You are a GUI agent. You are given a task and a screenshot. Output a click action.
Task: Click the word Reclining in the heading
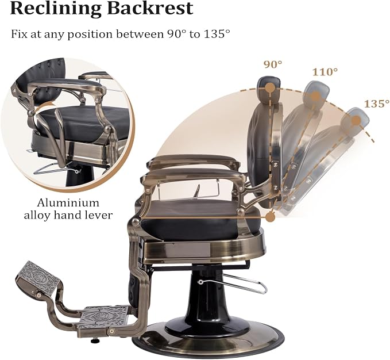point(56,9)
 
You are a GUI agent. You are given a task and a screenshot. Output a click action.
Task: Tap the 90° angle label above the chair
point(273,64)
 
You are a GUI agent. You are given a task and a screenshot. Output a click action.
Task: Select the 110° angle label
point(325,72)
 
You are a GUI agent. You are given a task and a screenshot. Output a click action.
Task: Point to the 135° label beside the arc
point(377,104)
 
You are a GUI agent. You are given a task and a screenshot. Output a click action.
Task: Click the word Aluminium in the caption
point(68,203)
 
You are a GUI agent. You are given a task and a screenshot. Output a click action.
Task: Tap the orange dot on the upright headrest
point(270,88)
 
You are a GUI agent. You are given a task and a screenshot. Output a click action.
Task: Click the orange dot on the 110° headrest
point(315,96)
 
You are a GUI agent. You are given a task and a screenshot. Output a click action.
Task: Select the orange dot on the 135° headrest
point(356,121)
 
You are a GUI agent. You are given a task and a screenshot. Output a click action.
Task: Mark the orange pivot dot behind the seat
point(270,217)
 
